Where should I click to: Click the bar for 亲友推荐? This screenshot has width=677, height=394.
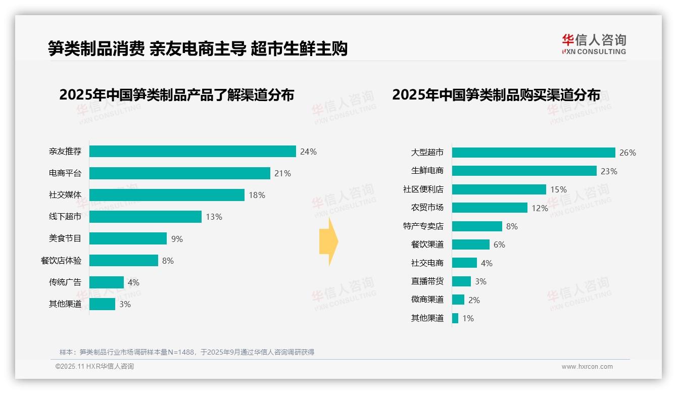[192, 152]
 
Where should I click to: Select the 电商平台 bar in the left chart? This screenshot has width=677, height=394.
[180, 173]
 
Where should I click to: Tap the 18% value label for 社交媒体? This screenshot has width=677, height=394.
[257, 195]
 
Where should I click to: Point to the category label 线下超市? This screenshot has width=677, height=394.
[65, 217]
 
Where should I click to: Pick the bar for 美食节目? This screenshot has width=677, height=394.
[128, 238]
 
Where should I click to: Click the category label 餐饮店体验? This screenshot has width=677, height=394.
[61, 261]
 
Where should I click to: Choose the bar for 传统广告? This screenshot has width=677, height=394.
[107, 282]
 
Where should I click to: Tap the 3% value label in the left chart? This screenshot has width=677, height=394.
[125, 304]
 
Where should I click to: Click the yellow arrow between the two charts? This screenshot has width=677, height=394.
[329, 241]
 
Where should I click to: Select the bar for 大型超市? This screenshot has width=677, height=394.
[534, 153]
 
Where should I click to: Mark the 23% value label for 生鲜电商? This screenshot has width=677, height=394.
[609, 171]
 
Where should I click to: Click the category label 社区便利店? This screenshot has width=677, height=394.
[423, 189]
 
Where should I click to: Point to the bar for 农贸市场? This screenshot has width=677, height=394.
[490, 208]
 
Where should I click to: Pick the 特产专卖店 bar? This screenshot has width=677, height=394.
[477, 226]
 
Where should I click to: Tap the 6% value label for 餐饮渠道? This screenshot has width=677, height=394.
[499, 244]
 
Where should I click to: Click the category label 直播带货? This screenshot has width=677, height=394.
[427, 281]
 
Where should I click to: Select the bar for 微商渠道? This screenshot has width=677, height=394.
[458, 300]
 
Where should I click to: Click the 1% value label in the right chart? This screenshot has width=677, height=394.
[468, 318]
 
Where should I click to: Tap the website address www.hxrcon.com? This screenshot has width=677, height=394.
[587, 367]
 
